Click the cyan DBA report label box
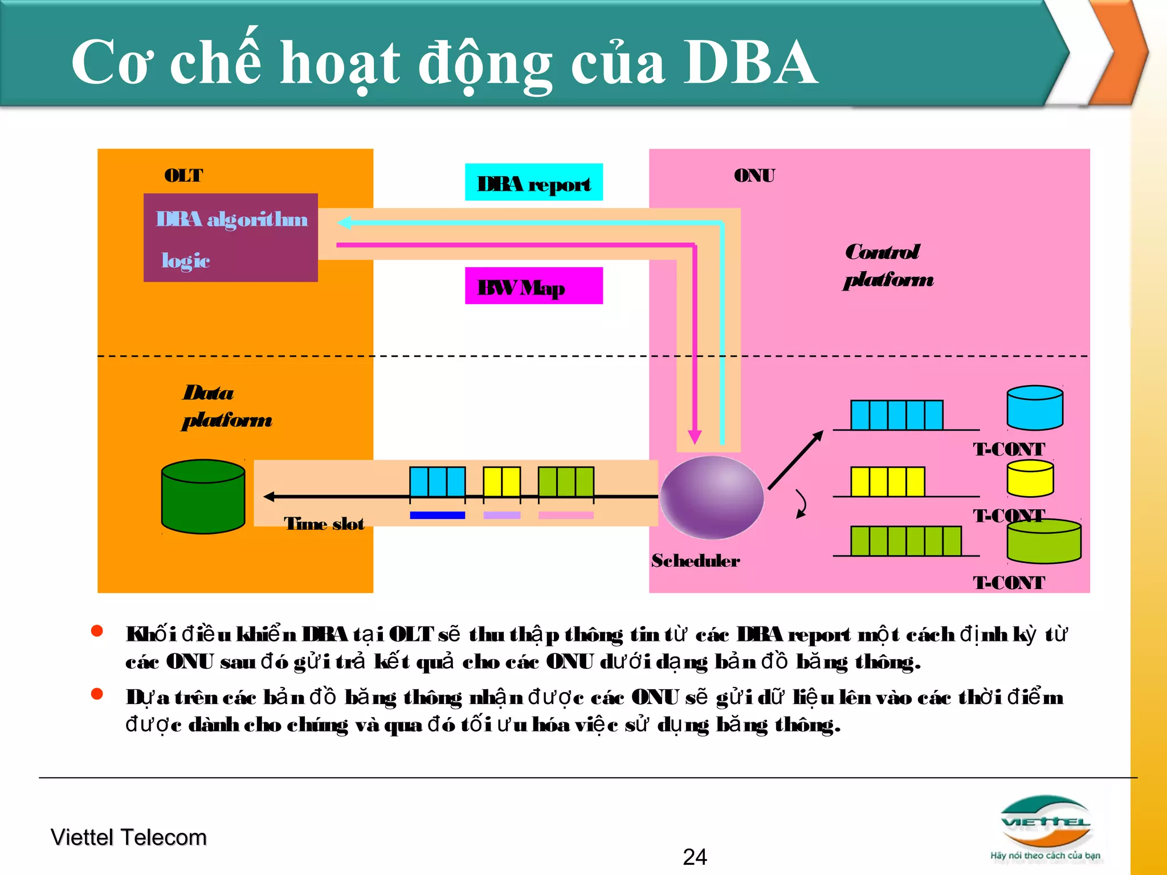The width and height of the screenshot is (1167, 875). coord(533,182)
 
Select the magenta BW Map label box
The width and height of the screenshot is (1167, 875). coord(533,286)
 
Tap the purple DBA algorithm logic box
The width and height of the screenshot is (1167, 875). coord(230,238)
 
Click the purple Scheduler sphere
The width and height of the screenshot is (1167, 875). coord(711,497)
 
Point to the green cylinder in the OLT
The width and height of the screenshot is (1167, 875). coord(203,496)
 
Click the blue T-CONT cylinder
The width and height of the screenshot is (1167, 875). coord(1034,407)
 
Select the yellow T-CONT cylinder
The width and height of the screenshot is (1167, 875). coord(1030,479)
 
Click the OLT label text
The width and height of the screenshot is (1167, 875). coord(183,175)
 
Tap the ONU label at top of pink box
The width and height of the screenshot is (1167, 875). coord(754,175)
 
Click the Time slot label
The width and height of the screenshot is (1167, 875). coord(324,524)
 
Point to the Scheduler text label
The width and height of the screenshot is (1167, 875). coord(695,561)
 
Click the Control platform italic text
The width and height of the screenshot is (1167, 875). coord(888,265)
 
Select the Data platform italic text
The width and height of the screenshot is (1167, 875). coord(226,406)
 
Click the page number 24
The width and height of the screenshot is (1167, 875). coord(695,857)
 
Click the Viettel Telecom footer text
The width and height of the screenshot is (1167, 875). coord(128,837)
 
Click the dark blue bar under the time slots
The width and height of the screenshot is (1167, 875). coord(437,515)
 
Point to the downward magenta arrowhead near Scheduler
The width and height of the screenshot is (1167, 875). coord(694,437)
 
